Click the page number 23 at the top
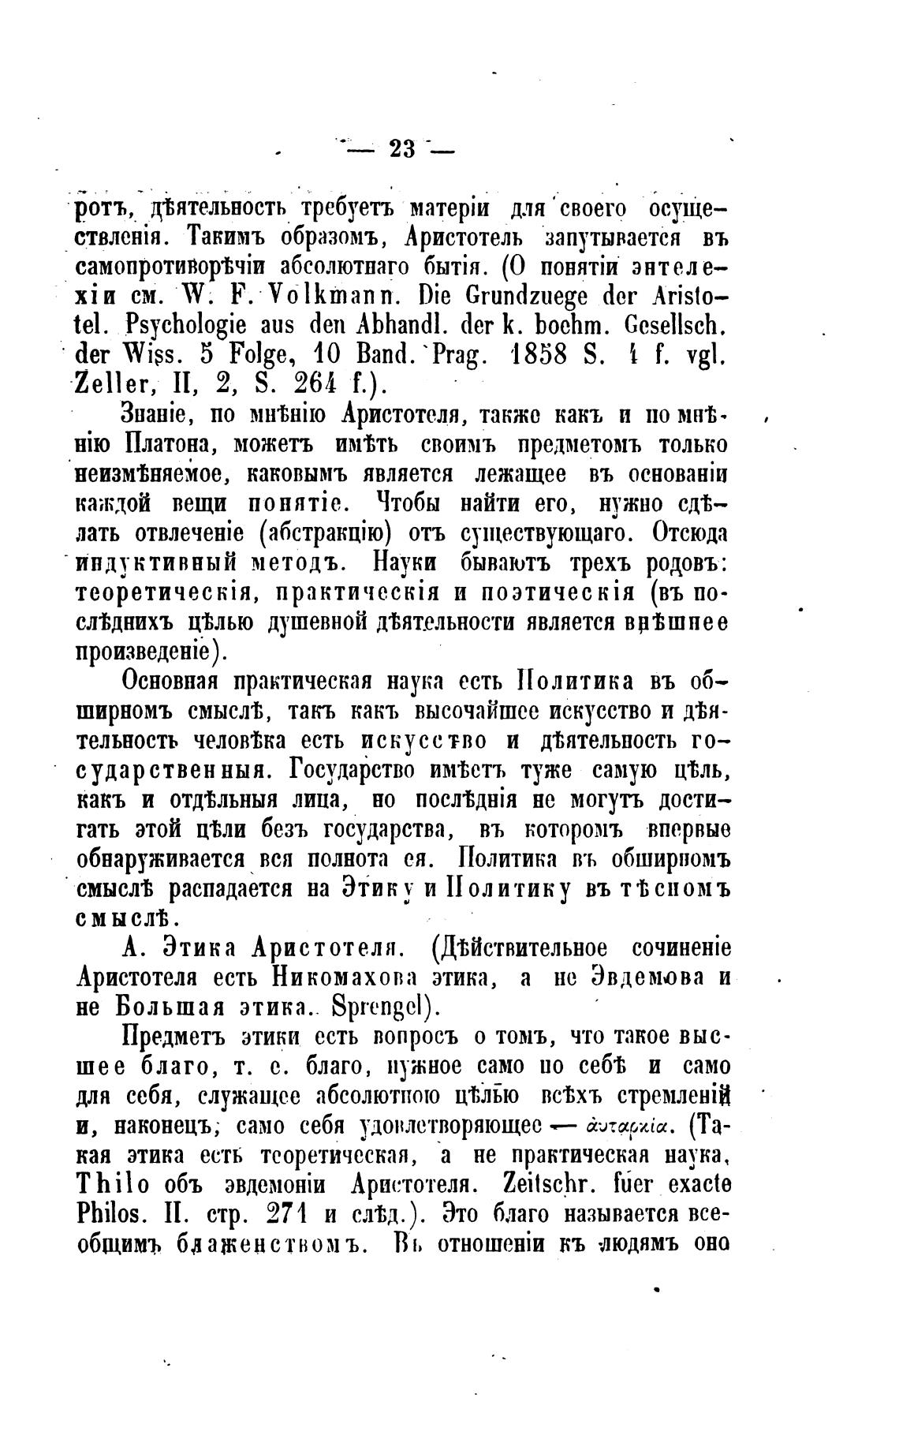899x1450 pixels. click(401, 148)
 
